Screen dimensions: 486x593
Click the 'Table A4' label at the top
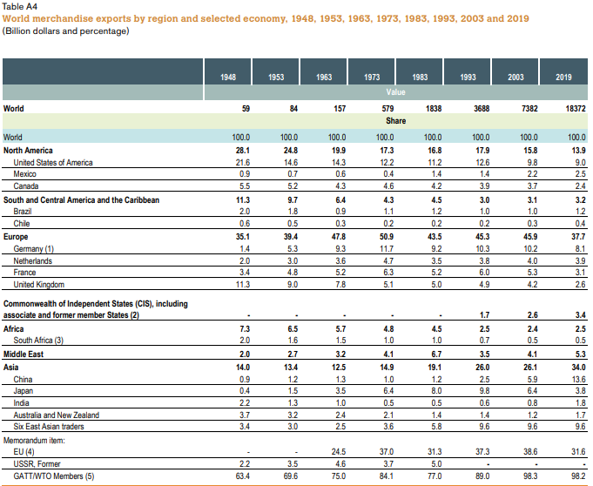click(x=19, y=7)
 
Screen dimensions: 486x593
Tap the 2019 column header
click(x=563, y=78)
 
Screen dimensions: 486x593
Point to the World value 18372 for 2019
click(x=572, y=109)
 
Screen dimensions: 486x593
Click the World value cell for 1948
click(x=244, y=109)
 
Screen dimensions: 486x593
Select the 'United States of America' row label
click(x=53, y=162)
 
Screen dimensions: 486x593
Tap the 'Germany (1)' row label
click(x=36, y=247)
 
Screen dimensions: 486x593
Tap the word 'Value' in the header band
click(x=396, y=91)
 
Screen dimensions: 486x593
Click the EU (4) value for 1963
click(x=336, y=453)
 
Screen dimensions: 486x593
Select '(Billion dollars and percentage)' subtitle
click(x=65, y=31)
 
